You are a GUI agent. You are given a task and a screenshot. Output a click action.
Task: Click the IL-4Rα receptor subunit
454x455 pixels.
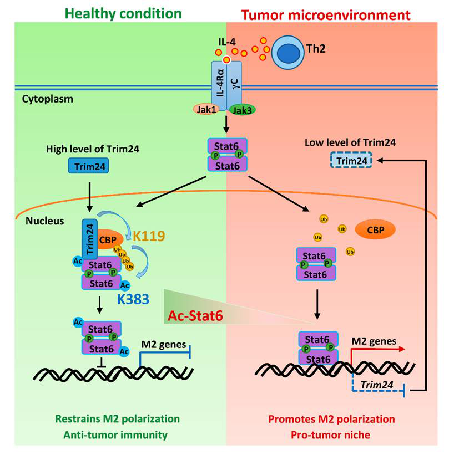pyautogui.click(x=219, y=83)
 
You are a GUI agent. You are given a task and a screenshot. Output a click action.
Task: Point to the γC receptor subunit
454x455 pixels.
pyautogui.click(x=234, y=83)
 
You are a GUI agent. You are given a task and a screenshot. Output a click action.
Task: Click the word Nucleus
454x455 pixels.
pyautogui.click(x=44, y=221)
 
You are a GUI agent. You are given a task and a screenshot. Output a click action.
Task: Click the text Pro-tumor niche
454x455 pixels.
pyautogui.click(x=331, y=434)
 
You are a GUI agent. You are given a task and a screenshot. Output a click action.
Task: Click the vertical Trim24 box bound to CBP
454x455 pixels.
pyautogui.click(x=89, y=237)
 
